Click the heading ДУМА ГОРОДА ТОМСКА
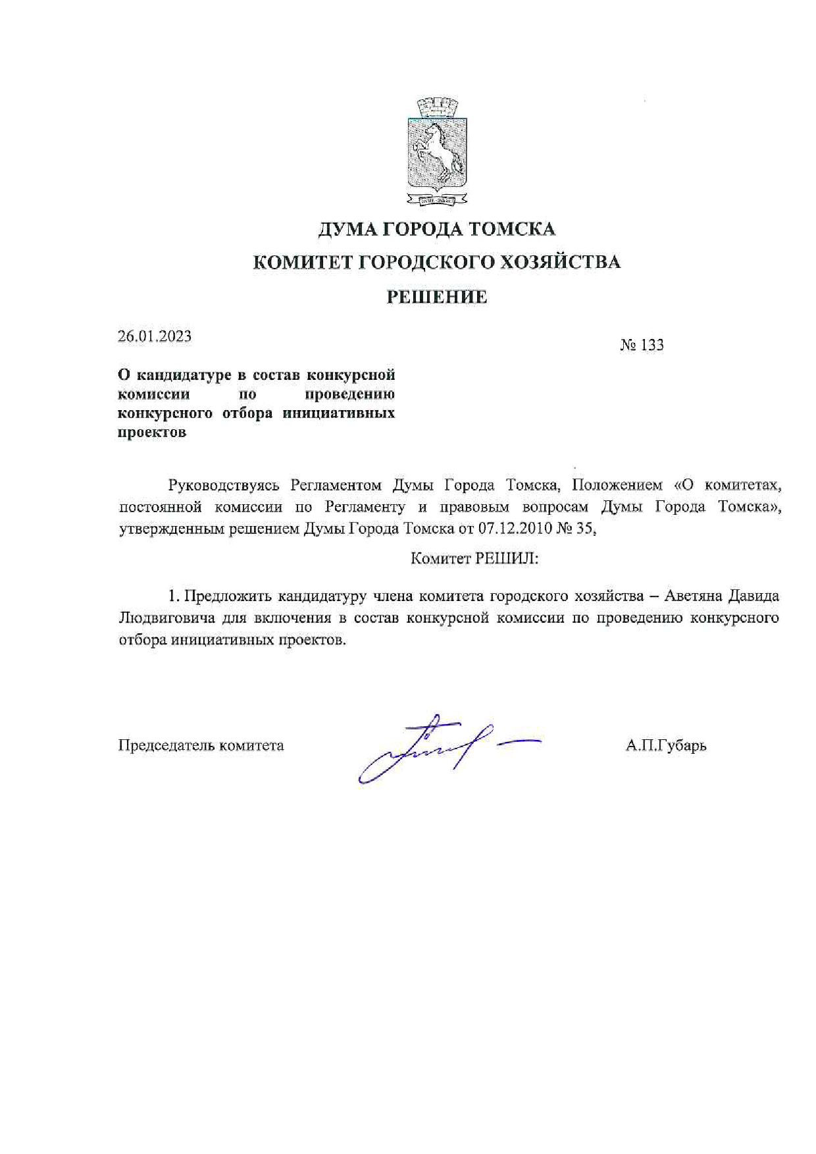436,229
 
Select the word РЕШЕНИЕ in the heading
436,298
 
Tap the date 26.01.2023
155,336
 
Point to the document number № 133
642,345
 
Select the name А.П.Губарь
666,746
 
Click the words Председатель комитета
201,746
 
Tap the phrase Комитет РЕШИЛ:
474,559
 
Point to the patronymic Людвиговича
167,618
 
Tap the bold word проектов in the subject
151,433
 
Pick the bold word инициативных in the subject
339,413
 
